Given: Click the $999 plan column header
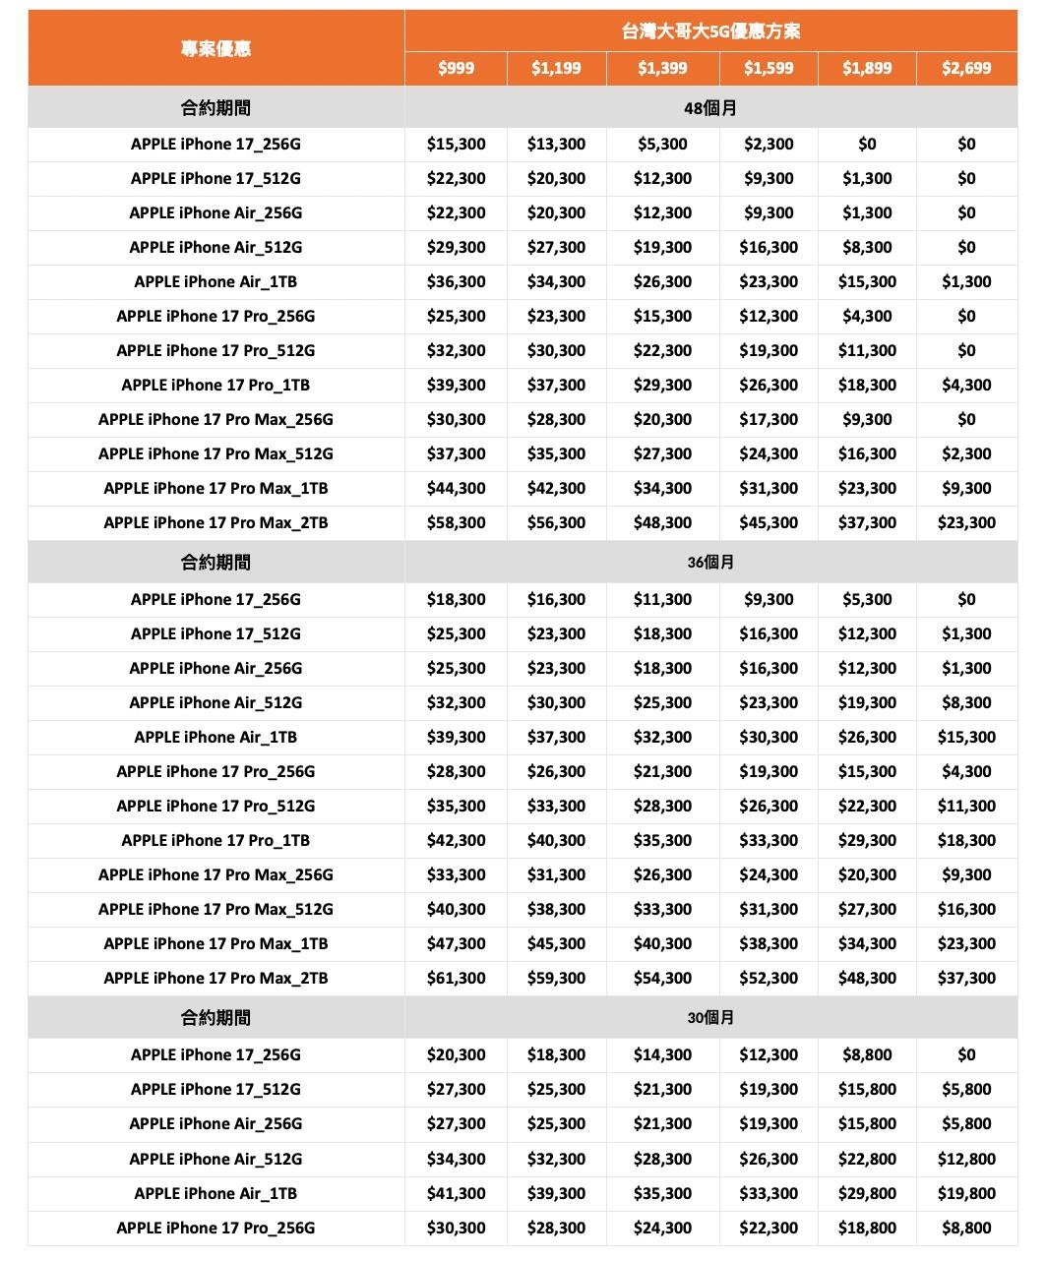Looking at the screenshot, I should click(456, 68).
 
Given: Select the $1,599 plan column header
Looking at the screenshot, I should click(769, 68).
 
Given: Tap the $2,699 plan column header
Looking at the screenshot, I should click(966, 68).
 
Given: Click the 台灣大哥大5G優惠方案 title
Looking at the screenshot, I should click(710, 31).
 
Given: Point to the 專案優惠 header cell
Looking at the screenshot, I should click(215, 48).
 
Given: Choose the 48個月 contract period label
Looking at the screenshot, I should click(710, 107).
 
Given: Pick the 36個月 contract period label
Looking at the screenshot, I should click(710, 563).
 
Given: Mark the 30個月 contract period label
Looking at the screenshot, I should click(710, 1018).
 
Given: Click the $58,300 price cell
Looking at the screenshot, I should click(456, 522).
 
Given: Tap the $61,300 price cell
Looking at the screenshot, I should click(456, 978).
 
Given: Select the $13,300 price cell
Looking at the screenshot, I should click(556, 144).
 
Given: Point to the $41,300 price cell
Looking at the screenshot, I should click(456, 1193).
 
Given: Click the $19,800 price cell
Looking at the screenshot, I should click(966, 1193).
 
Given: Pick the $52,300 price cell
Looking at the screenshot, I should click(769, 978).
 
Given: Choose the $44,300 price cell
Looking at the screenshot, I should click(456, 488).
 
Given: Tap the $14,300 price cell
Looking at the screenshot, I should click(662, 1054).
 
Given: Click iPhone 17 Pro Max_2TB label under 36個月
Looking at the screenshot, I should click(215, 978).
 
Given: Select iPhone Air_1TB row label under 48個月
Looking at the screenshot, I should click(215, 281).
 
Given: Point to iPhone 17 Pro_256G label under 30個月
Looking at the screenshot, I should click(215, 1228).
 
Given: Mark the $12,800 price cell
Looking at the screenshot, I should click(966, 1159).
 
